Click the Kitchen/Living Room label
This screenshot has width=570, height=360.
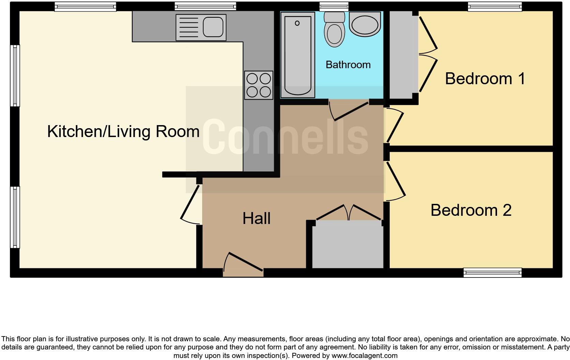click(123, 132)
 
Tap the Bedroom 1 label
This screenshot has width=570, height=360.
click(485, 79)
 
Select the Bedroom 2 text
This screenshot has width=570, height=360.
click(471, 210)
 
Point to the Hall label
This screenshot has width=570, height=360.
click(256, 219)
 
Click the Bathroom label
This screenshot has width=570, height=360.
click(348, 65)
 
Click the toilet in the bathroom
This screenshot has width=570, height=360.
click(334, 31)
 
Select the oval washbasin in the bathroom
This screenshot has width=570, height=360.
click(365, 25)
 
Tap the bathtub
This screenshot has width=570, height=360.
click(297, 55)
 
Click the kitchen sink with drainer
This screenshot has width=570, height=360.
click(201, 27)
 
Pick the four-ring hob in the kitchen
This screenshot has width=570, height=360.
click(259, 85)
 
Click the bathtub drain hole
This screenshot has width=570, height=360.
click(297, 23)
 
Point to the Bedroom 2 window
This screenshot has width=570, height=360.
click(492, 272)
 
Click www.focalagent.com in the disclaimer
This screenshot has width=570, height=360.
click(364, 356)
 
